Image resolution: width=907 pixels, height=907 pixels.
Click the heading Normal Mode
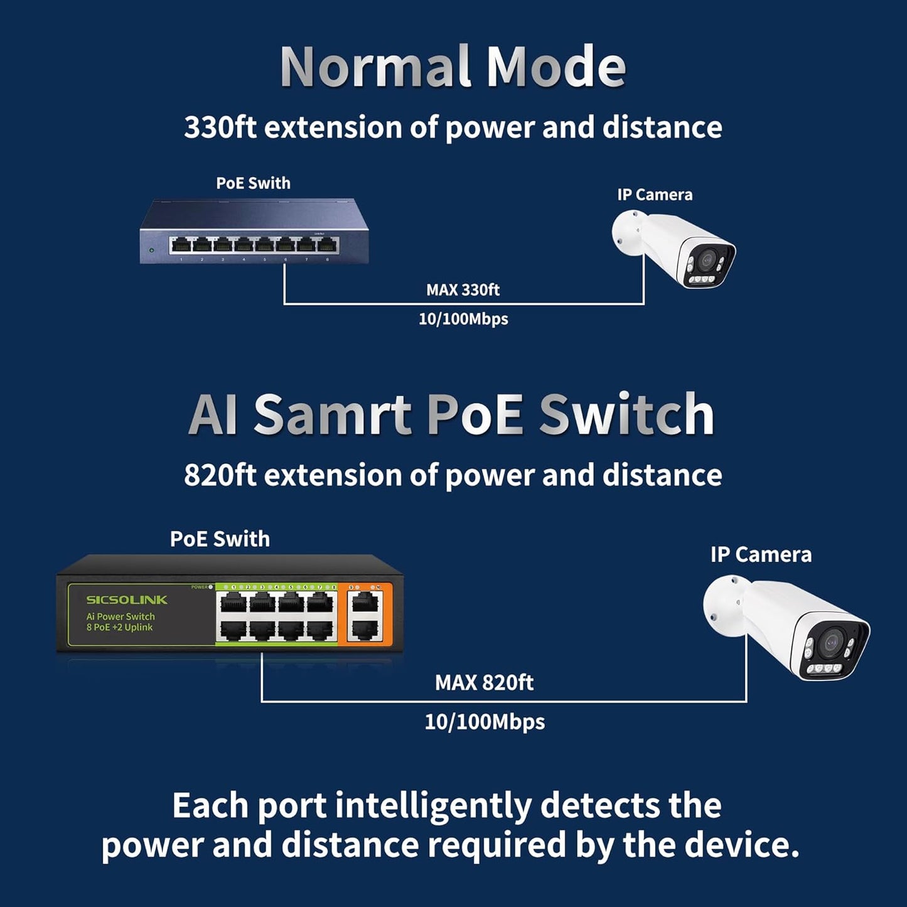[453, 67]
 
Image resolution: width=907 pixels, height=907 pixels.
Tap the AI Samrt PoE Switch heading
[451, 414]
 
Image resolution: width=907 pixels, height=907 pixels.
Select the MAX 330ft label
[463, 290]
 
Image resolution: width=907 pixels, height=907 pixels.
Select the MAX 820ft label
[484, 682]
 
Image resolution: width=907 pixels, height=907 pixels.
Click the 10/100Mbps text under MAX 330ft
[463, 319]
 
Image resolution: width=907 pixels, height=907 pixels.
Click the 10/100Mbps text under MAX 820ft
[485, 722]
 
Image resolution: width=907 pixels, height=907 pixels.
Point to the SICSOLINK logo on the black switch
[127, 599]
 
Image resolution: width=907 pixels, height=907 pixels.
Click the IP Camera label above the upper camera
[655, 195]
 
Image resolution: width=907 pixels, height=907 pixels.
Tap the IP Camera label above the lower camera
[761, 555]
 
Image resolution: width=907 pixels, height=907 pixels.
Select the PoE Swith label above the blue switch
[253, 183]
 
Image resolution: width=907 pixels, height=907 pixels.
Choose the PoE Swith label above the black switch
[220, 539]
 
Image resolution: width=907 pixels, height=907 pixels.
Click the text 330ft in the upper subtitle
[220, 127]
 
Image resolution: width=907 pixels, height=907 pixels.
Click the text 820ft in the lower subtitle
[220, 475]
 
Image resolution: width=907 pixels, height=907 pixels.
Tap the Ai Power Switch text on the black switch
[121, 616]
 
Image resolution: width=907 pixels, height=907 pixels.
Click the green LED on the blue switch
[151, 250]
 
